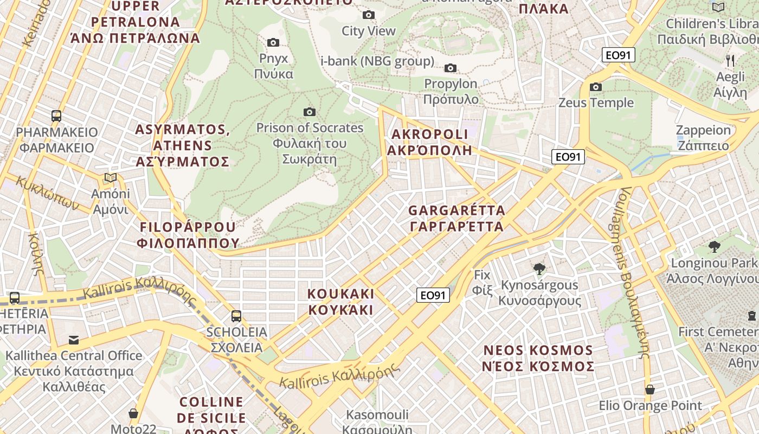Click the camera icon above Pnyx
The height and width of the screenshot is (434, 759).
pos(273,42)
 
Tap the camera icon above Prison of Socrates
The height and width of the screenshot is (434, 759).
pos(310,112)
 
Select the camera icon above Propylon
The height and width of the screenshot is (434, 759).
pos(450,68)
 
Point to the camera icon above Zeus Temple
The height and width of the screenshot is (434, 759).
pos(596,87)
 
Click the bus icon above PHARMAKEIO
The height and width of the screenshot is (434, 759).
pos(56,116)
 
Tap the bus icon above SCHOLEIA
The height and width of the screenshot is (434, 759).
pos(236,316)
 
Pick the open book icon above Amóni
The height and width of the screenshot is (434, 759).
pos(110,177)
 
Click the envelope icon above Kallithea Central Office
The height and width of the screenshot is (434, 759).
pos(73,340)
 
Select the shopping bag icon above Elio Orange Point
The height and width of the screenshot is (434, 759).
pos(649,390)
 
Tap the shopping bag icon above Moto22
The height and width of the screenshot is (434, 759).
pos(133,413)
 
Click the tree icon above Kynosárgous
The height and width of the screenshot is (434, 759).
pos(539,269)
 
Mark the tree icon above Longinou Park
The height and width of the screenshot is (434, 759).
pos(714,247)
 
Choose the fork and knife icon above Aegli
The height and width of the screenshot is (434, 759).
pos(730,60)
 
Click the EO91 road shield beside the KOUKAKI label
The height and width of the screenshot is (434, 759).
pos(433,295)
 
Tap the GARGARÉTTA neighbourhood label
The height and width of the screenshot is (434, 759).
pos(456,218)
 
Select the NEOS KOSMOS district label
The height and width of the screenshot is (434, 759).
pos(538,358)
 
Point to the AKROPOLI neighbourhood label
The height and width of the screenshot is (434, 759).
pos(429,142)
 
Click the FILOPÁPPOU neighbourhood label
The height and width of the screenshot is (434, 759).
pos(188,235)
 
